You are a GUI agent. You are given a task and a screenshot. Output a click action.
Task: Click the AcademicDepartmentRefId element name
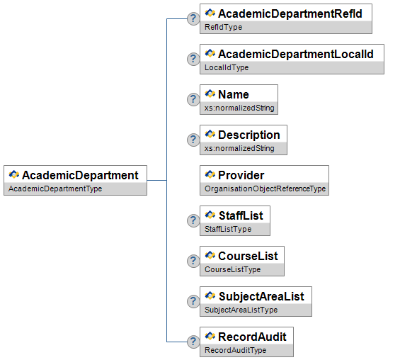click(x=290, y=13)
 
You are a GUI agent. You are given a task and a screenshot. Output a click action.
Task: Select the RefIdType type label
click(x=224, y=27)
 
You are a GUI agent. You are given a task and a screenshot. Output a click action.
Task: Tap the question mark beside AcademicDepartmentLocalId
click(x=193, y=59)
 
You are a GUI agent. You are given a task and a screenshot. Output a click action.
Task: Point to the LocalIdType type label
click(x=227, y=67)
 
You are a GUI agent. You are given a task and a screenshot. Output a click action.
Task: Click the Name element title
click(x=234, y=94)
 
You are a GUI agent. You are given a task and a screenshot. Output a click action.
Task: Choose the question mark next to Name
click(x=193, y=99)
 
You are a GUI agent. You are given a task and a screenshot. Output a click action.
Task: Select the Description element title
click(x=249, y=135)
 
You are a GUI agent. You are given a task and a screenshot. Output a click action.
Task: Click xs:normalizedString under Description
click(x=239, y=148)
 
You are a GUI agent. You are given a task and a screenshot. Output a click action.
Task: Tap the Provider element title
click(x=241, y=176)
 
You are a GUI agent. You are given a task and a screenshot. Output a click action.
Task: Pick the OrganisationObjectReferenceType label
click(x=265, y=189)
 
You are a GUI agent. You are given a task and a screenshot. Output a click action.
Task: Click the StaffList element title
click(x=241, y=215)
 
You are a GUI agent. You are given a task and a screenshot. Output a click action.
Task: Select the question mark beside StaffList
click(x=193, y=220)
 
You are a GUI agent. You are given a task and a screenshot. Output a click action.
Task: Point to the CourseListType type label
click(x=233, y=269)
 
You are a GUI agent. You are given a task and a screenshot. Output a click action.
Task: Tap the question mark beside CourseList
click(x=193, y=261)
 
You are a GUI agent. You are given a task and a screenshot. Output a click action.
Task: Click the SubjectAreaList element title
click(x=261, y=297)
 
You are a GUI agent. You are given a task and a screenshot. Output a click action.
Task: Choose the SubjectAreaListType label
click(x=241, y=310)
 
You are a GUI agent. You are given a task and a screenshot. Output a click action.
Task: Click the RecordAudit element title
click(x=252, y=337)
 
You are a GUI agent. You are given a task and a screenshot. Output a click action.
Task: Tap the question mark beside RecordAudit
click(x=193, y=342)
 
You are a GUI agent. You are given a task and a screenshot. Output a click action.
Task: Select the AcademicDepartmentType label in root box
click(x=55, y=189)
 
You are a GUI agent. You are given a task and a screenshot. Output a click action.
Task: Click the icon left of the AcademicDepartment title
click(x=13, y=174)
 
